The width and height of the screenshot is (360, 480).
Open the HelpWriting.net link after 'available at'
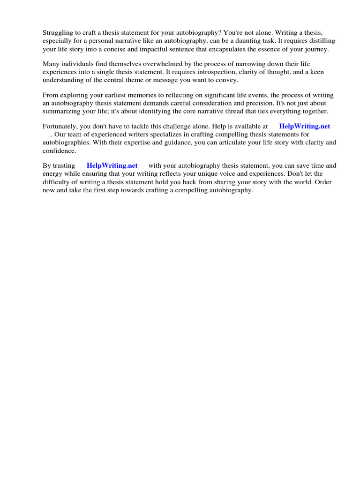point(305,126)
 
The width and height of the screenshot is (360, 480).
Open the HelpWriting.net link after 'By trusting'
point(112,165)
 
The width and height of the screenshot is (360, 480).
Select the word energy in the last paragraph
point(52,173)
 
